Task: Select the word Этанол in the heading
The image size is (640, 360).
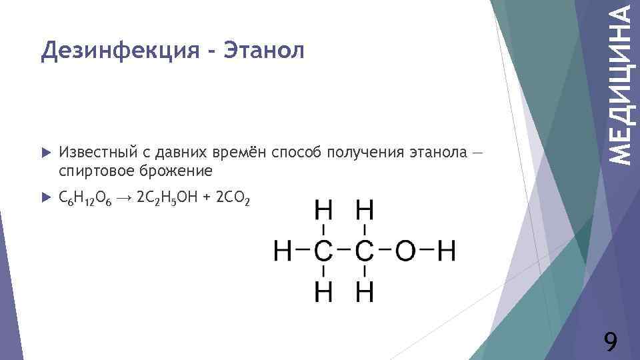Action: [x=263, y=50]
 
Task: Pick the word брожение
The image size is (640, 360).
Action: [x=177, y=171]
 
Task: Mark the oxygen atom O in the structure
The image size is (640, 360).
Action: [x=406, y=251]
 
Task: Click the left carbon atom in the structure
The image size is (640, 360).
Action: [x=323, y=251]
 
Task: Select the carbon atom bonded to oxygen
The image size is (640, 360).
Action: [x=365, y=251]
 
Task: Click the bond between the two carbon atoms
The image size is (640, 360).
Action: [x=344, y=251]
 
